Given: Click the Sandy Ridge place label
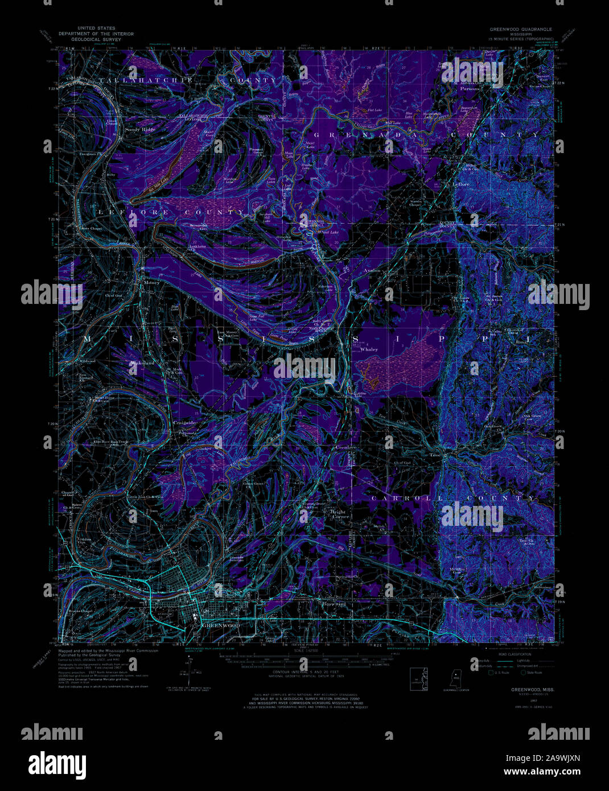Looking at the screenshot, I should coord(140,130).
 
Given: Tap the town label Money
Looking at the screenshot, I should coord(152,282).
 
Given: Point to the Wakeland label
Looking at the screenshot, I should coord(142,362).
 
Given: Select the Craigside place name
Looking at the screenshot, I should coord(185,423).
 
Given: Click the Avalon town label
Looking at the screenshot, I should coord(372,271).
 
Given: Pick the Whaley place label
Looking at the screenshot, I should coord(369,349).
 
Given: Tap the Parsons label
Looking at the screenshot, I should coord(471,89).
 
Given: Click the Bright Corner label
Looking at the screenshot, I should coord(339,514).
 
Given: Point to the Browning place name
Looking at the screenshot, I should coord(335,604).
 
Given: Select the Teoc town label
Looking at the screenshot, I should coord(436,455).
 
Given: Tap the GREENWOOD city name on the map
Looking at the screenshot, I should coord(221,625).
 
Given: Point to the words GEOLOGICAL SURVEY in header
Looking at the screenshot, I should coord(96,40).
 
